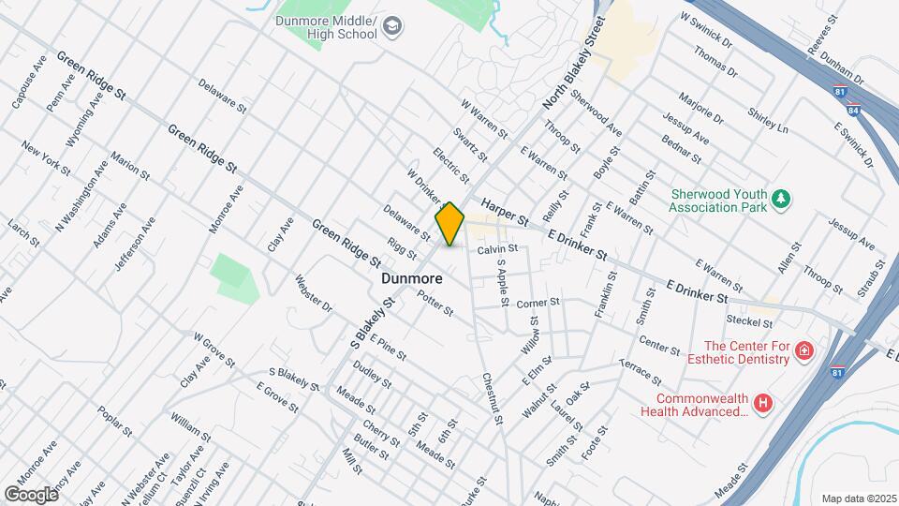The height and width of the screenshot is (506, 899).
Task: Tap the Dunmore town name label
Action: point(412,278)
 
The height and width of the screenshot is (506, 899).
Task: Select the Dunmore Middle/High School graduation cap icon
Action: point(392,25)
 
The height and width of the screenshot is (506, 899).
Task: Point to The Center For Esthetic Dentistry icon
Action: point(803,351)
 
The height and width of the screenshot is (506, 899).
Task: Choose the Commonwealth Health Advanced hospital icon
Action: point(765,403)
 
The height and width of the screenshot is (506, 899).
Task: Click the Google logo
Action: point(31,494)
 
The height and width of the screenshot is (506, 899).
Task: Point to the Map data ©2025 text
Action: point(858,499)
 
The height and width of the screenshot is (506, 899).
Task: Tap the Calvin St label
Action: point(497,249)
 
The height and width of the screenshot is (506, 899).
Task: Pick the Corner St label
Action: point(538,303)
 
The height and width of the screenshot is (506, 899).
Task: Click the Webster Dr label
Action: point(314,292)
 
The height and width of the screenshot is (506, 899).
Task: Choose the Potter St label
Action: point(435,304)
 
